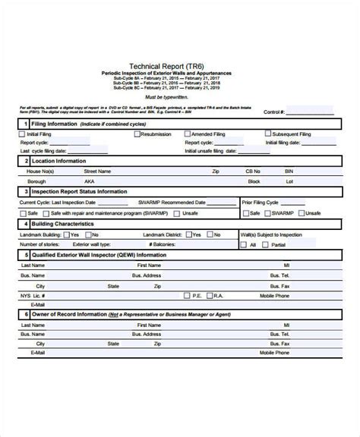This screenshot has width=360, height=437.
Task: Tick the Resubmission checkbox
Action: tap(137, 134)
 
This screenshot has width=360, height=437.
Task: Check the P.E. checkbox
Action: tap(188, 294)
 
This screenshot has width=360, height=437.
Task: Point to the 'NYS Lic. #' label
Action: tap(32, 294)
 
